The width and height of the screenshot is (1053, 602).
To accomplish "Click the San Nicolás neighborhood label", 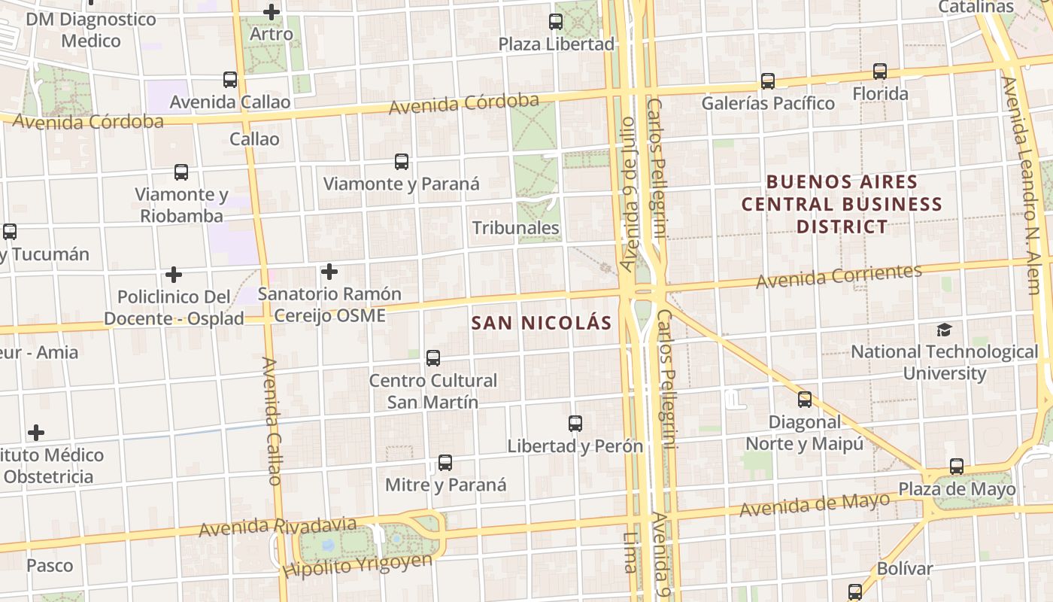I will (x=541, y=323).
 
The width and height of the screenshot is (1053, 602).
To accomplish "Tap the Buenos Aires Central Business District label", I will (x=842, y=204).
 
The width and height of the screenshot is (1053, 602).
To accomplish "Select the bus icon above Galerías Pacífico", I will (x=767, y=81).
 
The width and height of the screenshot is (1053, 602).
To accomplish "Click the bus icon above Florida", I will (x=879, y=71).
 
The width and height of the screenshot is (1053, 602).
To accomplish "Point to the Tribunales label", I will (x=515, y=228).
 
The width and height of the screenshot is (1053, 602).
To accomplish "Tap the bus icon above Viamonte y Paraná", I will (x=402, y=161).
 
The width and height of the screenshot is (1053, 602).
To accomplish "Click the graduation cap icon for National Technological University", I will (x=944, y=330).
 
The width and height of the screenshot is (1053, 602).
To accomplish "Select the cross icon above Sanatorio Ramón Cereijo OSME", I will (x=329, y=271).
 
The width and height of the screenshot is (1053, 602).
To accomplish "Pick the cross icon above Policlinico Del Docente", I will (x=174, y=275).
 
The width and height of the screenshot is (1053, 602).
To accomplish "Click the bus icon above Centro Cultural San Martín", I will (x=432, y=358).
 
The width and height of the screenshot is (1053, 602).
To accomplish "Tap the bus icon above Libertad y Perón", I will (x=575, y=424).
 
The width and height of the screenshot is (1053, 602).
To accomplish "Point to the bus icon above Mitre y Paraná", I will (x=445, y=462).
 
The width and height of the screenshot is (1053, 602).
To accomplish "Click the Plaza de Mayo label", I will (x=957, y=489).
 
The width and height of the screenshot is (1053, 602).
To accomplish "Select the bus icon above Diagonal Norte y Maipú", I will (x=805, y=400).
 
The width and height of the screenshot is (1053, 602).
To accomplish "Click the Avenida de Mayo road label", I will (x=815, y=504).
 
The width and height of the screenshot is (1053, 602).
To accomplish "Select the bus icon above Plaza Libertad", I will (x=556, y=22).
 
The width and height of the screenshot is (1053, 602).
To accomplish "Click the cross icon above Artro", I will (x=272, y=12).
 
